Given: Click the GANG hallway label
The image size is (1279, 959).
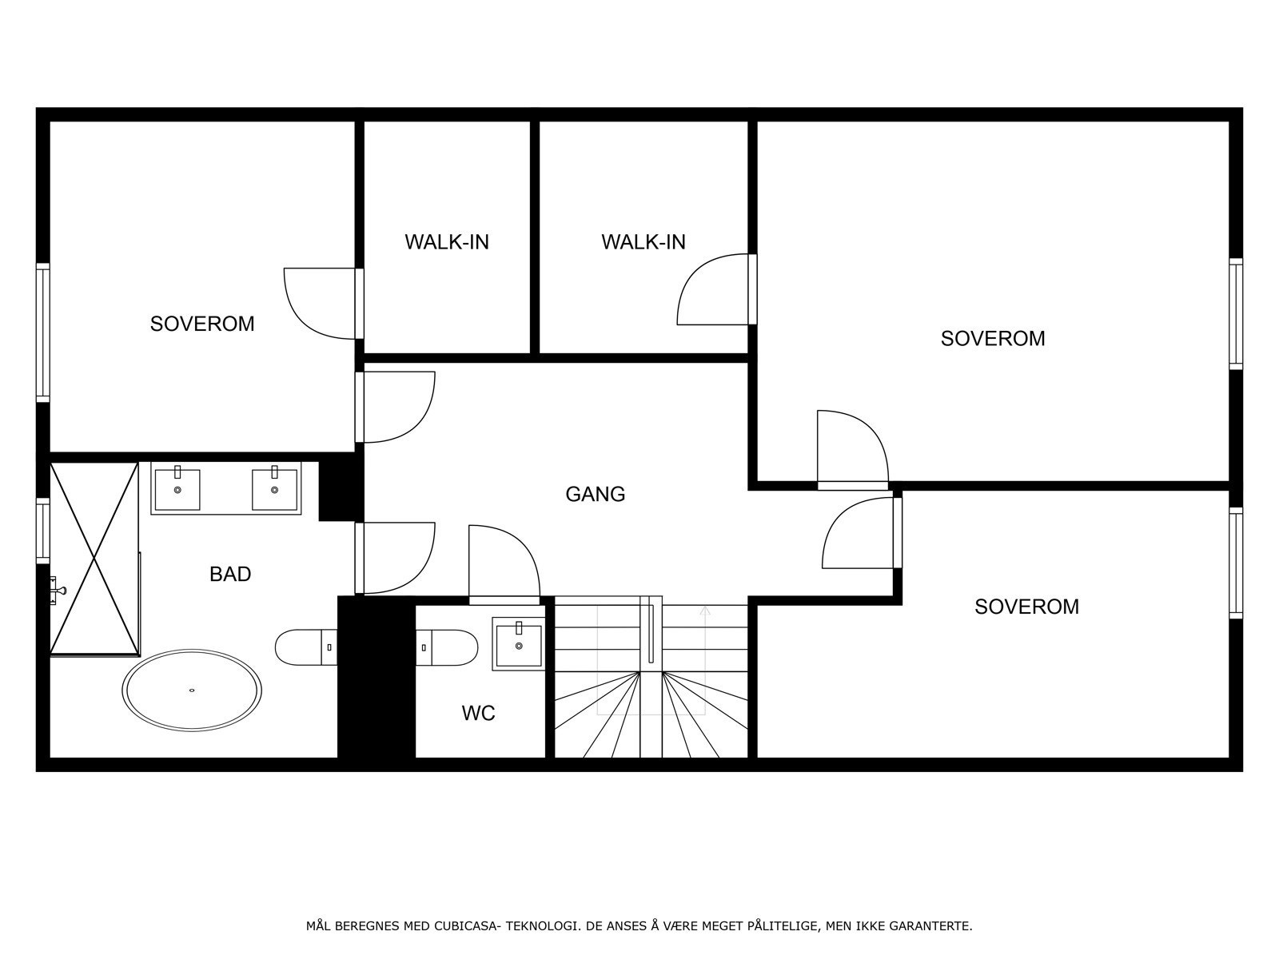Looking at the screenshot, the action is (x=595, y=495).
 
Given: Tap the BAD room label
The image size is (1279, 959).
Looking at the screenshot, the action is (x=230, y=574).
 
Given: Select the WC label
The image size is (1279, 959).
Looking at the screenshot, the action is (x=478, y=713).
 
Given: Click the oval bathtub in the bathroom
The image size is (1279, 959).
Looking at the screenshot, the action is (x=192, y=690).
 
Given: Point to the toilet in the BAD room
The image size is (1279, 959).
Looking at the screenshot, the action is (x=306, y=647).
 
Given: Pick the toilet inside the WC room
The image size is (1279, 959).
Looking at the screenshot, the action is (x=447, y=647).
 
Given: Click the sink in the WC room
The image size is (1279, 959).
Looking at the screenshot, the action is (x=519, y=644).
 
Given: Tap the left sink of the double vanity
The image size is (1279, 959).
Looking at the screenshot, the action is (x=177, y=489).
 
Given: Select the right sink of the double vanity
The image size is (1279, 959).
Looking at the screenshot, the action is (x=274, y=489).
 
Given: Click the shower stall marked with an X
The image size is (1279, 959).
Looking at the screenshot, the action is (x=94, y=559).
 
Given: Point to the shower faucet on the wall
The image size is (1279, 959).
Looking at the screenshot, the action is (x=57, y=590).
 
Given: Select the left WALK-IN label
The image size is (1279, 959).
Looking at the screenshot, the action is (x=447, y=242).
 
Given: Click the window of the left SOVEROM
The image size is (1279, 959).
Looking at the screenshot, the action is (x=42, y=332).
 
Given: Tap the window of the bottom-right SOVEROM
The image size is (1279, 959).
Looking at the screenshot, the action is (x=1236, y=563).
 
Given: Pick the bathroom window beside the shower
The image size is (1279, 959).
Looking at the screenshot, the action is (x=42, y=531).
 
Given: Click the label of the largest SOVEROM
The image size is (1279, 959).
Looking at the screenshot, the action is (x=993, y=338).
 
